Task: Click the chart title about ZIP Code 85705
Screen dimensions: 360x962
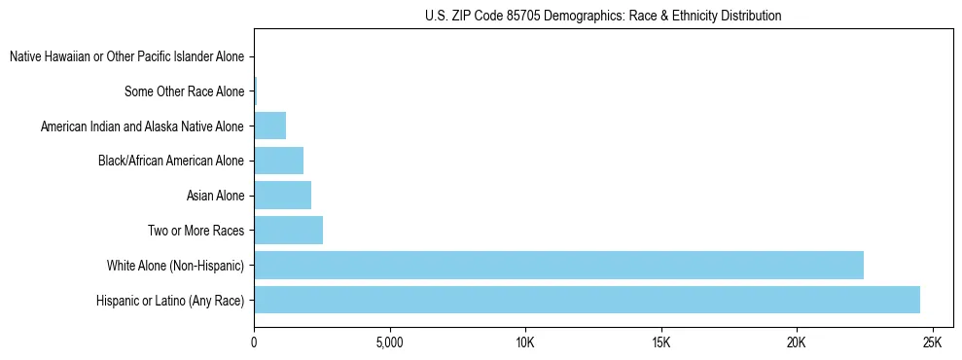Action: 603,16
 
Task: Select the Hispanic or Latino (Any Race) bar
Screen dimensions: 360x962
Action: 587,300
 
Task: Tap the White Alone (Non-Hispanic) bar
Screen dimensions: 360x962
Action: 558,265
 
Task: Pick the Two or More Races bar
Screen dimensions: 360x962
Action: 288,231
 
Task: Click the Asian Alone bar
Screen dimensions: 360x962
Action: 282,196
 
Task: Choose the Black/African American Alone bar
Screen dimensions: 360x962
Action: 278,161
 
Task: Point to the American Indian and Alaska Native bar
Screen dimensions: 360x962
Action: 269,126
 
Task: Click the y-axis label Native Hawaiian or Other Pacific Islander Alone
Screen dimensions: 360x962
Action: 126,57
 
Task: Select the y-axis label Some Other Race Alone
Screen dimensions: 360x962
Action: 184,92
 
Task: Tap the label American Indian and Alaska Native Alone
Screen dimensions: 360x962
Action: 142,126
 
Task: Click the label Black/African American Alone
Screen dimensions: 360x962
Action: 171,162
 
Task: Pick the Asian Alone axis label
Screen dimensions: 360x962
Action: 215,197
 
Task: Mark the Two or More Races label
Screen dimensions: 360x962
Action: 195,231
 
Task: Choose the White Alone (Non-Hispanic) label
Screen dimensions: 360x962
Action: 175,266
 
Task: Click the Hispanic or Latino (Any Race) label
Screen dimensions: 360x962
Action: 170,301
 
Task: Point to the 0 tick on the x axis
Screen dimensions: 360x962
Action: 254,343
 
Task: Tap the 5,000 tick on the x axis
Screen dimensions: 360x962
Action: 389,343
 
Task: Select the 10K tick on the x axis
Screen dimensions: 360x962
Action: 525,343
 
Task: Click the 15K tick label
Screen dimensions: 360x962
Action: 660,343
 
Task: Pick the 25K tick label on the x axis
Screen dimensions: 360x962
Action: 932,343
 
